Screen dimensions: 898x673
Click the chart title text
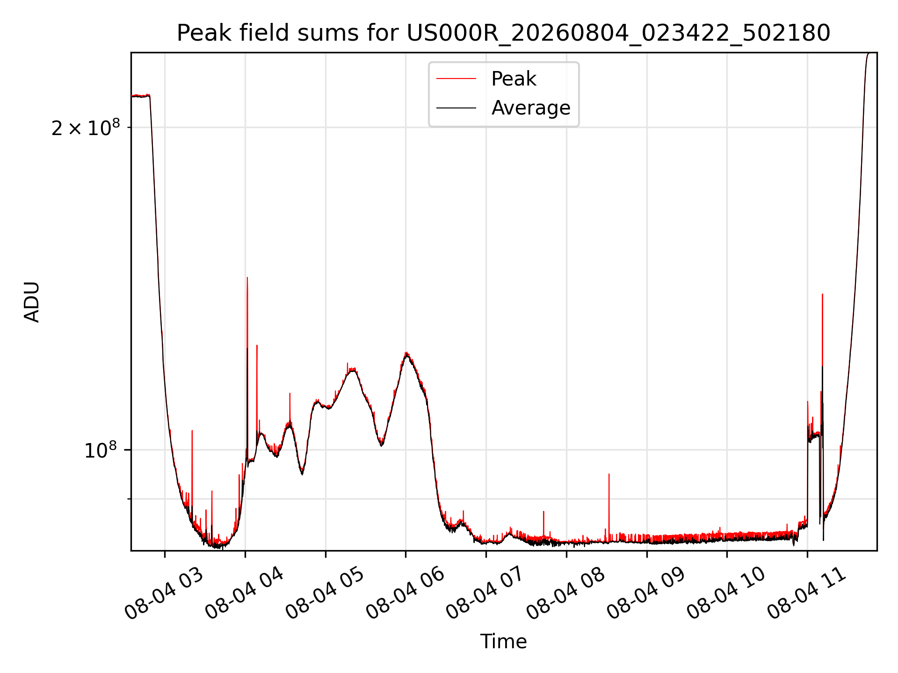(503, 33)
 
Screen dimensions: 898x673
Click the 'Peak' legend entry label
(514, 79)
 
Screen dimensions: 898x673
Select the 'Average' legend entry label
(531, 108)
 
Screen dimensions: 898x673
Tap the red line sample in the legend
(456, 79)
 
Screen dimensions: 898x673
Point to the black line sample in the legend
(456, 108)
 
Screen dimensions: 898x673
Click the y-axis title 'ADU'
(32, 302)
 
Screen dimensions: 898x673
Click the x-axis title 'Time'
(503, 642)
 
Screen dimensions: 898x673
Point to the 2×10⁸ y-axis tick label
(86, 127)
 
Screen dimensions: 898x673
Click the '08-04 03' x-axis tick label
(164, 594)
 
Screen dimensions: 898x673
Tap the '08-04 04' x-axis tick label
(244, 594)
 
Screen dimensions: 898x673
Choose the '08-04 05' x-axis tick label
(325, 594)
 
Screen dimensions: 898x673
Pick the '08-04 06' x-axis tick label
(405, 594)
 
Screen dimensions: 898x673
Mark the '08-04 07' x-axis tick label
(485, 594)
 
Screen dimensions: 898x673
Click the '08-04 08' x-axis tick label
(565, 594)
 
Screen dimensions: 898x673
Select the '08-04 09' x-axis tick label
(646, 594)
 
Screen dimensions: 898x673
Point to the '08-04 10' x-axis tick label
(726, 594)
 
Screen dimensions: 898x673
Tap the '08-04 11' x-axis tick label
(806, 594)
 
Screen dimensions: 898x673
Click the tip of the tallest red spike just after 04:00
(247, 278)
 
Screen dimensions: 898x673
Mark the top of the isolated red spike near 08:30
(609, 474)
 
